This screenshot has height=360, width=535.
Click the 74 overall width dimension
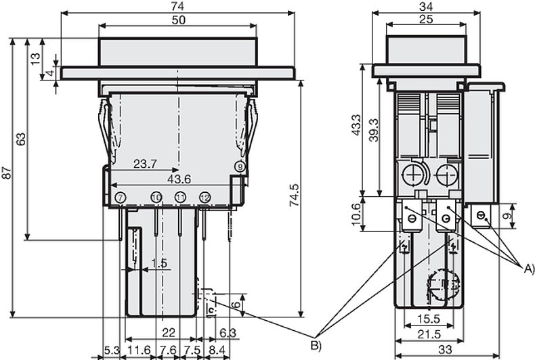pos(177,5)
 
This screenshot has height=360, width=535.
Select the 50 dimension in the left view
pos(177,20)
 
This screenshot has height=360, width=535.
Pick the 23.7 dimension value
pos(146,164)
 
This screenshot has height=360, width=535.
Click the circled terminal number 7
pos(120,197)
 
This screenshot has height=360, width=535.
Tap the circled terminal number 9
pos(239,166)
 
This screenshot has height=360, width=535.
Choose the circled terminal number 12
pos(205,197)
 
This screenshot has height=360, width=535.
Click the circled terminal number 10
pos(156,197)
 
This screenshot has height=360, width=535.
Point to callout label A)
pos(529,269)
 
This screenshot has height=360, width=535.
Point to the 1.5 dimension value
pos(159,263)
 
